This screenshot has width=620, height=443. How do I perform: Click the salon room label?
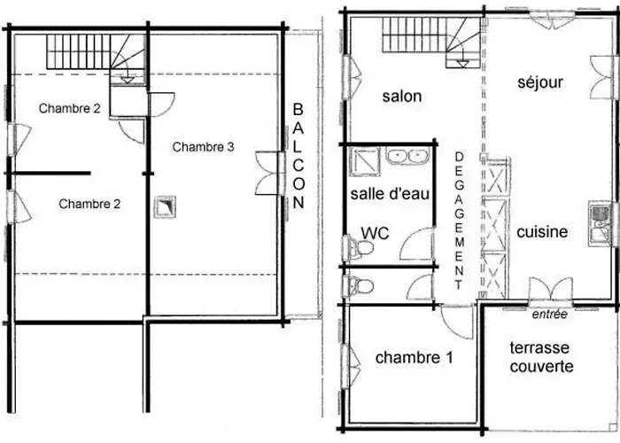tap(402, 97)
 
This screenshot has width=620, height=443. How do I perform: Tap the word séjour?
tap(540, 82)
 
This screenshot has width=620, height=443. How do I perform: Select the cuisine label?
tap(542, 232)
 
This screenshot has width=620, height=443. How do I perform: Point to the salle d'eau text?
tap(390, 194)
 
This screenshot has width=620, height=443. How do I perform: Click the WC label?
tap(376, 233)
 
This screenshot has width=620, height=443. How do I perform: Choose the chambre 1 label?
tap(414, 358)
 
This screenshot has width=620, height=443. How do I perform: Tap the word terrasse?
tap(539, 348)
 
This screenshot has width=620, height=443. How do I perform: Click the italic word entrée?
tap(550, 315)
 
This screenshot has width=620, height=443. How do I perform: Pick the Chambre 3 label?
tap(203, 147)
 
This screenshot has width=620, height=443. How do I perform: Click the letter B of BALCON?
tap(298, 109)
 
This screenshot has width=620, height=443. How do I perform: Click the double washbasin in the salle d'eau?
tap(407, 156)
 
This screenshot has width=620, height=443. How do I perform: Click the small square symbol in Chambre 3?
tap(165, 206)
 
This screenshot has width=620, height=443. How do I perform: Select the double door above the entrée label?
tap(550, 291)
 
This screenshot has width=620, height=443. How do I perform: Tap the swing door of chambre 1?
tap(458, 323)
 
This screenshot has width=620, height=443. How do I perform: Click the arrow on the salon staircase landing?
tap(461, 63)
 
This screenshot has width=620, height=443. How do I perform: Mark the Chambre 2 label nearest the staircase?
tap(70, 108)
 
